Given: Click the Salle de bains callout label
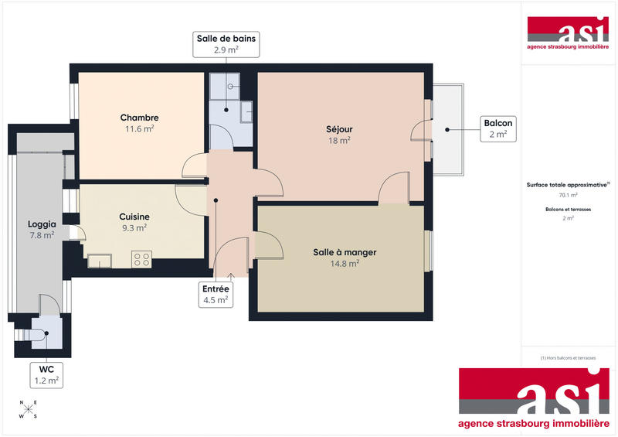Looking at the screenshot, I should click(226, 44).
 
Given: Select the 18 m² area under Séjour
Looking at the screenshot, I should click(339, 141).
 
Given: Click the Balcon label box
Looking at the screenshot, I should click(497, 128).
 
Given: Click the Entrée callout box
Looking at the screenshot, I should click(216, 294).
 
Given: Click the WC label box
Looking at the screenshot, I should click(46, 375).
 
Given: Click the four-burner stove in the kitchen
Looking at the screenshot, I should click(141, 260).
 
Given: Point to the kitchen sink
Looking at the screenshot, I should click(100, 261).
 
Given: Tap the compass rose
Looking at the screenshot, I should click(29, 409).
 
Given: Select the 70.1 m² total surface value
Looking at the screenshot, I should click(568, 196).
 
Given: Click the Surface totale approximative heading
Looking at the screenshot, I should click(568, 185).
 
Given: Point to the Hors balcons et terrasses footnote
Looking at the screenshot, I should click(568, 357).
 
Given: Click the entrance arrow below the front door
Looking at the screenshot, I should click(231, 277).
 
